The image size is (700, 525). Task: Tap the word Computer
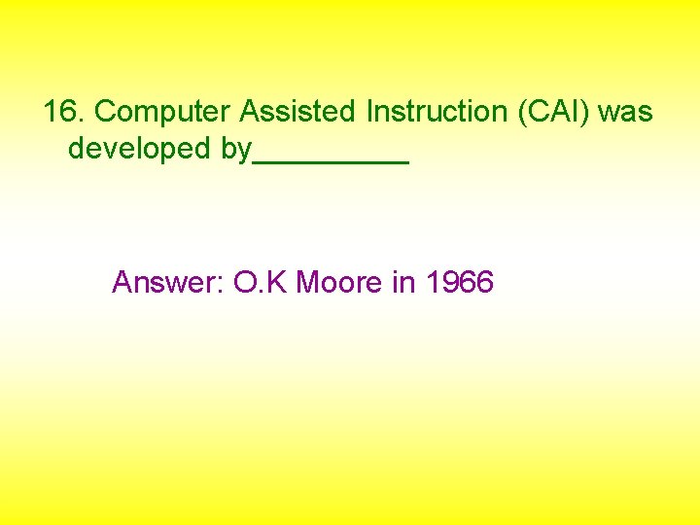click(163, 113)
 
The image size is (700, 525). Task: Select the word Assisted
click(298, 113)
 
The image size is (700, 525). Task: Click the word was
click(625, 113)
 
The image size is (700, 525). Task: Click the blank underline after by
click(331, 160)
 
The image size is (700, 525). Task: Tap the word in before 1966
click(402, 283)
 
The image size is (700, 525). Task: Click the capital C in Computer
click(106, 113)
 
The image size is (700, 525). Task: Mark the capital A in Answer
click(122, 283)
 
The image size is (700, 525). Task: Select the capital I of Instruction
click(370, 113)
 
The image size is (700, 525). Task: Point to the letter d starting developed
click(77, 150)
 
